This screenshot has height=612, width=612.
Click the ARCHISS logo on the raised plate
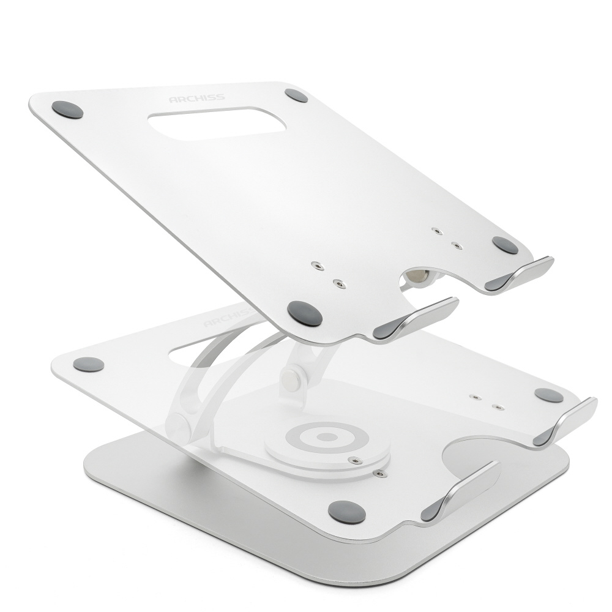click(x=197, y=98)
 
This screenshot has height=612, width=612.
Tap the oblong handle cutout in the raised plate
click(x=217, y=124)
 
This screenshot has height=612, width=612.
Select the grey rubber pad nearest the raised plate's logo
click(x=296, y=95)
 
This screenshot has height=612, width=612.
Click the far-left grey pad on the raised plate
click(x=67, y=110)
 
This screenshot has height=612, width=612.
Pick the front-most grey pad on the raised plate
click(x=305, y=314)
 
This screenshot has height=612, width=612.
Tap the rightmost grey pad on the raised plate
click(x=505, y=245)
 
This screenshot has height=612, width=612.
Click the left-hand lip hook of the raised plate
click(x=416, y=318)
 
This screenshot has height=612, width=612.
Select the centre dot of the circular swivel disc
click(x=327, y=437)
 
